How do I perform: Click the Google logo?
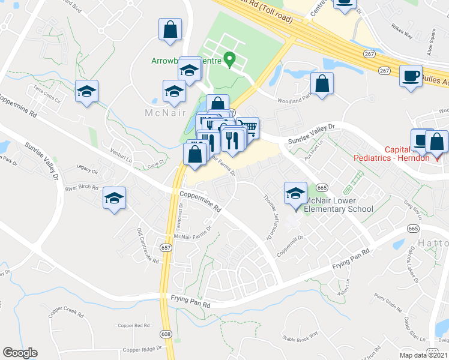click(20, 353)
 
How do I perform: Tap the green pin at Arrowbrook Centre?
click(229, 59)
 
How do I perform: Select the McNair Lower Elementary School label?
click(338, 205)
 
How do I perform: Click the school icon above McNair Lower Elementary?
click(295, 193)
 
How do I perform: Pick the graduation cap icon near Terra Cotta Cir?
click(86, 92)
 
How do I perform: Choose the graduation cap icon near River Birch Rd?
click(114, 197)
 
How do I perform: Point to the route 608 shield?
click(166, 333)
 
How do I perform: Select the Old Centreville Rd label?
click(148, 246)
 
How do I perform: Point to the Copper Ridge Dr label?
click(142, 349)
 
